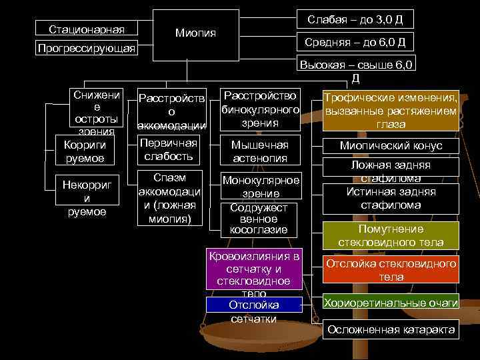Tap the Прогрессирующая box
pos(87,49)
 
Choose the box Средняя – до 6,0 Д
pos(355,43)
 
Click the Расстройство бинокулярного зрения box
pos(260,109)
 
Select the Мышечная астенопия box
pos(260,151)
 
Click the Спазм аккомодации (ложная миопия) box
pos(170,198)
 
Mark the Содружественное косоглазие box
pos(259,219)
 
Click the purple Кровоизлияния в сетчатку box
pos(253,270)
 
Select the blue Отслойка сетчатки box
pos(253,305)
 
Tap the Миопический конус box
pos(391,146)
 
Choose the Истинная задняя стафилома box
pos(391,198)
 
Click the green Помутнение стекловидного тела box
pos(391,235)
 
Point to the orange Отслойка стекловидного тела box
pos(391,270)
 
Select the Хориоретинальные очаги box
pos(391,303)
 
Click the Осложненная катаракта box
pos(391,330)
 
